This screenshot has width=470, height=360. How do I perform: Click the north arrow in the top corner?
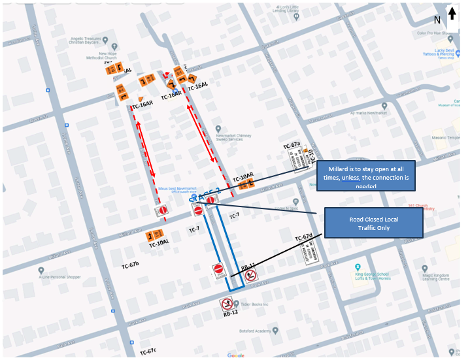(452, 14)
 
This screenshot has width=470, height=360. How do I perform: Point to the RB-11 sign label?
(248, 268)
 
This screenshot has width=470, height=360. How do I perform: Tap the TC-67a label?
(291, 144)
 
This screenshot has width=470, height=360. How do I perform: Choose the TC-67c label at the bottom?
(148, 352)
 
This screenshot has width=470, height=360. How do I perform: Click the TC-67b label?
(130, 265)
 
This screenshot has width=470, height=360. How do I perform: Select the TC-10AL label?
(159, 243)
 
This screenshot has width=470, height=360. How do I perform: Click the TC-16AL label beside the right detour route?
(197, 86)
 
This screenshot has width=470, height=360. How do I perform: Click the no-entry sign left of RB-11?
(220, 269)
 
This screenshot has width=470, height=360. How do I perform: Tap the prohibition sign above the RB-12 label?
(227, 303)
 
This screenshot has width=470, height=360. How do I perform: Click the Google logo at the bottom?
(236, 355)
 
